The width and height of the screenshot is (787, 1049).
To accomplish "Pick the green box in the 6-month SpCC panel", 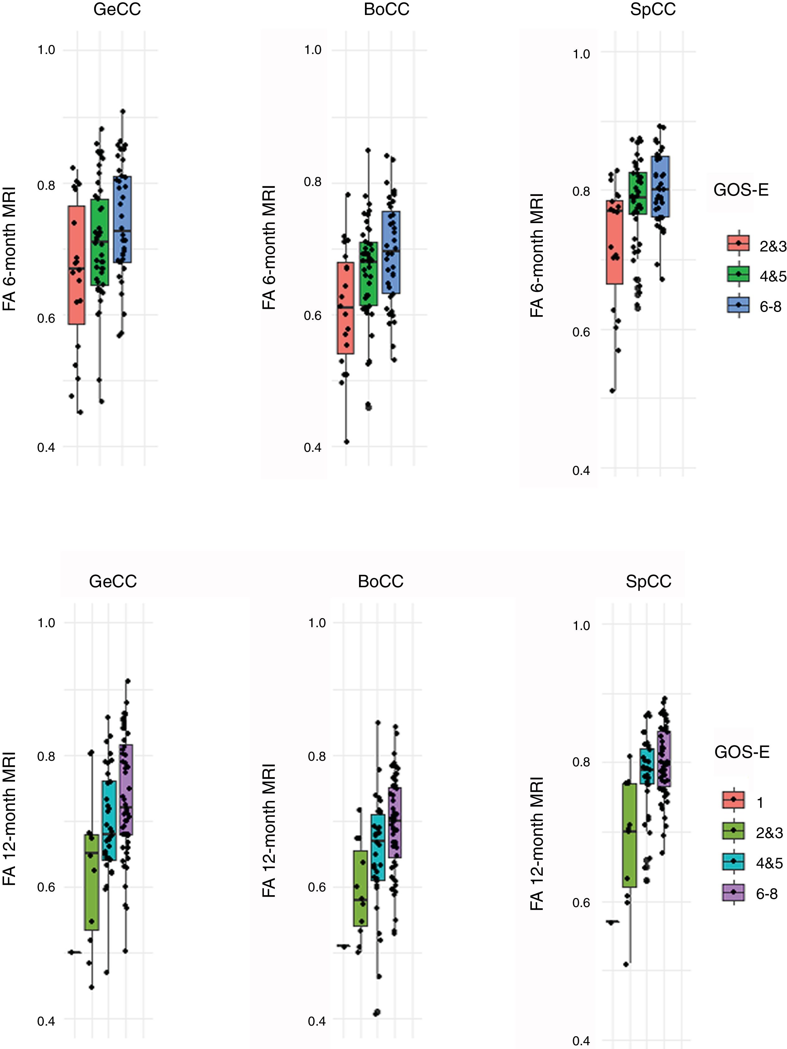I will point(638,193).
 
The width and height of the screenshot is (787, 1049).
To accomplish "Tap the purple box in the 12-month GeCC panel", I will point(126,790).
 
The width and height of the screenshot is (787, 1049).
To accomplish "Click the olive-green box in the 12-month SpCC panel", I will point(629,835).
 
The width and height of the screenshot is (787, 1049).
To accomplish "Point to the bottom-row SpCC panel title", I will point(648,581).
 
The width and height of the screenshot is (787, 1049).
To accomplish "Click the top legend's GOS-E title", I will point(741,190).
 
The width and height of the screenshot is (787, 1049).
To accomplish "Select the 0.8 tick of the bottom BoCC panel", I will point(317,756).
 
